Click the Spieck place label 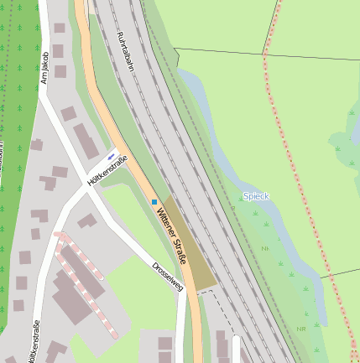click(256, 195)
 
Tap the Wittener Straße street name click(170, 235)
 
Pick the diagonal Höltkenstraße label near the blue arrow click(107, 170)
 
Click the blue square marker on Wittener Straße click(154, 201)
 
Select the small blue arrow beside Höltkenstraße click(112, 155)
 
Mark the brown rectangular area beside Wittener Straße click(189, 243)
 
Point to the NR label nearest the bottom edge click(300, 329)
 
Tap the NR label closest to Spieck click(265, 249)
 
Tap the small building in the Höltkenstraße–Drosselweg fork click(87, 220)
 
